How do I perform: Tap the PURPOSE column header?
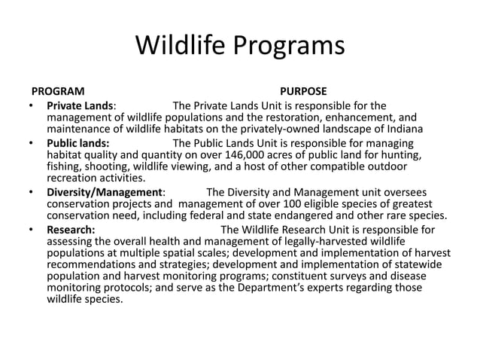[x=302, y=90]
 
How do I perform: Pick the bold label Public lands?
[x=77, y=142]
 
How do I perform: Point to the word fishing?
[x=65, y=166]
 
